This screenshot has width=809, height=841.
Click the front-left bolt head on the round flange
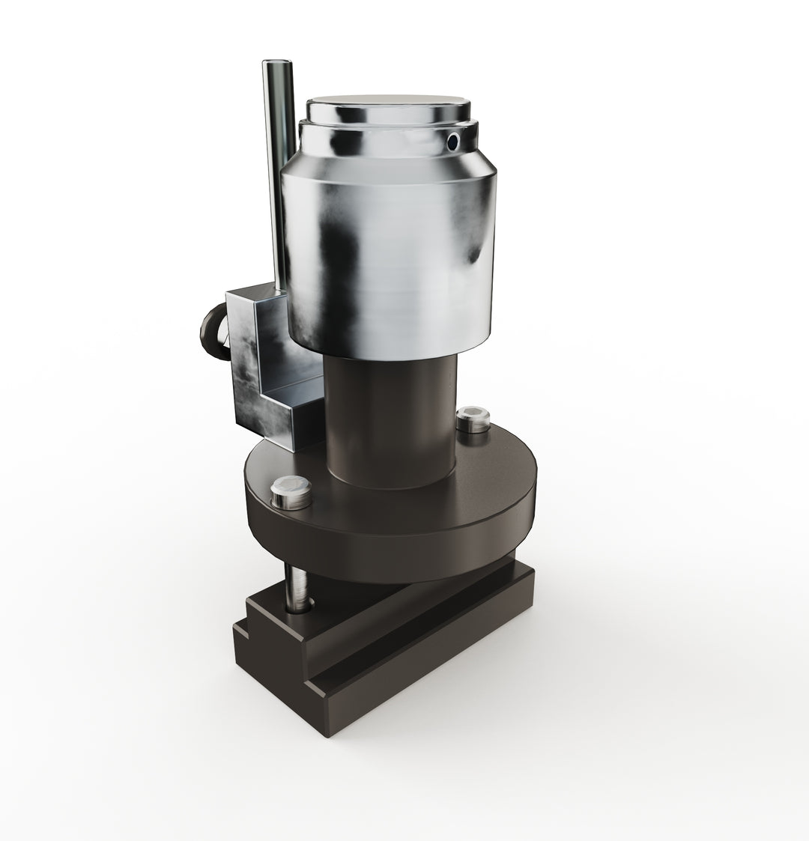288,494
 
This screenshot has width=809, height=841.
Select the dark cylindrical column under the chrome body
390,419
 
